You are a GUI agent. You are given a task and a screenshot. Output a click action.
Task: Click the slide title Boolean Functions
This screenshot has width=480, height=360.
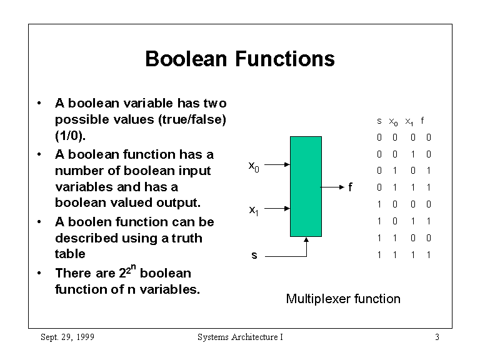pyautogui.click(x=239, y=59)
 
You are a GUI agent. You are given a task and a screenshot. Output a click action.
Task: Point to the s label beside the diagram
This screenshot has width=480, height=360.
pyautogui.click(x=254, y=256)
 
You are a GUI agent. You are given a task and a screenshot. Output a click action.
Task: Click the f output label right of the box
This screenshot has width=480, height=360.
pyautogui.click(x=350, y=186)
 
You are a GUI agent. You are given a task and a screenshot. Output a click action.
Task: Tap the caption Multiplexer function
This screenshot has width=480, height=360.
pyautogui.click(x=342, y=299)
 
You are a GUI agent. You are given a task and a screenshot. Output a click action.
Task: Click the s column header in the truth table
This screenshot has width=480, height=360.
pyautogui.click(x=379, y=121)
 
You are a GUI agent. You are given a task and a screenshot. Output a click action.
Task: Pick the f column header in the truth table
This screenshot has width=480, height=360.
pyautogui.click(x=422, y=121)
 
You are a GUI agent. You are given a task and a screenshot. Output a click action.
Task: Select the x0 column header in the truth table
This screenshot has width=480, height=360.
pyautogui.click(x=394, y=121)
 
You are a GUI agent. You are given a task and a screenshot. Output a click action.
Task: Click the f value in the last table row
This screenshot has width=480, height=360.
pyautogui.click(x=429, y=254)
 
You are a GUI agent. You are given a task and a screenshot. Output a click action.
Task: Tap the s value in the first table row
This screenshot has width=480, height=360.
pyautogui.click(x=379, y=137)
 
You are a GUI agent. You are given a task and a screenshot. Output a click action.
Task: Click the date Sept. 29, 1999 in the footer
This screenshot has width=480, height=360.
pyautogui.click(x=67, y=337)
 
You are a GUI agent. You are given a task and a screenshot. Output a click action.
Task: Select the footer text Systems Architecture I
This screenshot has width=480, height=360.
pyautogui.click(x=240, y=337)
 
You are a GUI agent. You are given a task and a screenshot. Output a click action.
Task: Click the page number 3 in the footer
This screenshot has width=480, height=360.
pyautogui.click(x=437, y=337)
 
